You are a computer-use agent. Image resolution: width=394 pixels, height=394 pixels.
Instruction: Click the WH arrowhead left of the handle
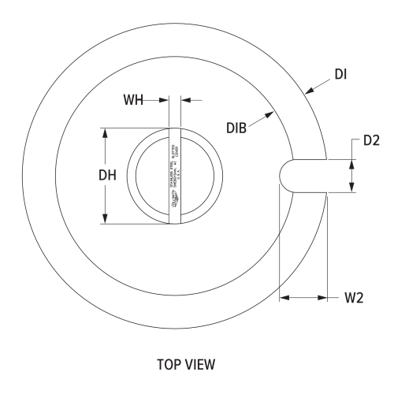[165, 100]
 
